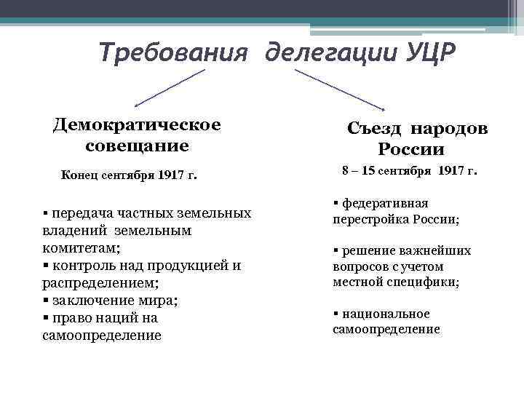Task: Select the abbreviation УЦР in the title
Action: click(426, 52)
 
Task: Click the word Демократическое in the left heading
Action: click(137, 124)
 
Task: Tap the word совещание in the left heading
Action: click(137, 145)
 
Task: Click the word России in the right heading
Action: click(410, 150)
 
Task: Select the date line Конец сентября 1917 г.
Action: click(130, 175)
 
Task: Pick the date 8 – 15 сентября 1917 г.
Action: click(410, 172)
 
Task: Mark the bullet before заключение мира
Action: click(46, 301)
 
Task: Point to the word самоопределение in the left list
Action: click(102, 336)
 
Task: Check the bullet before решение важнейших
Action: click(336, 250)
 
